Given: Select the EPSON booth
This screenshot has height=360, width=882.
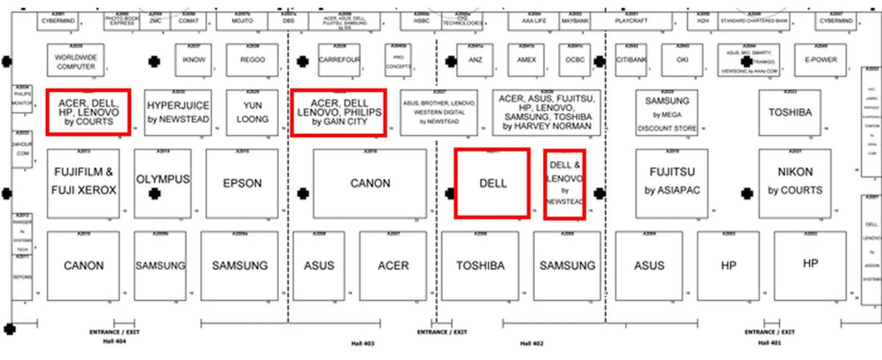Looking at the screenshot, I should coord(242,184).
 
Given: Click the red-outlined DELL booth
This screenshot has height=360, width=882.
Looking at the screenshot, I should coord(492,183).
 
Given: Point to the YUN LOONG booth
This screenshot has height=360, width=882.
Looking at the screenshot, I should coord(252,112).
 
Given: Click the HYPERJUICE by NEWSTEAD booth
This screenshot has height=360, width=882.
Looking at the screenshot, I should coord(178,112).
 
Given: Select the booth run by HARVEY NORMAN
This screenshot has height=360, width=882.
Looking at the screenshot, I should coord(546,112).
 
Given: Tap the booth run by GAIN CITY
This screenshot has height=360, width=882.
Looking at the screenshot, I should coord(339,112).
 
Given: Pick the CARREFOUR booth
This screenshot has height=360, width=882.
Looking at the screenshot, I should coord(339,60).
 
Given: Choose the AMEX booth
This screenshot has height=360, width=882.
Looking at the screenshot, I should coord(526,60).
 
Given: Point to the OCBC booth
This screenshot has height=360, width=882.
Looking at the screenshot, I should coord(575,60).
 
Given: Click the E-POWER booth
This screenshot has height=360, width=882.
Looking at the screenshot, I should coord(820,60).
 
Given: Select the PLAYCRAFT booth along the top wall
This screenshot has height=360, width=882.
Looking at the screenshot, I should coord(631,21).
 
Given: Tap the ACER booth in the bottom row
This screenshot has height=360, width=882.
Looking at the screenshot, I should coord(393,265).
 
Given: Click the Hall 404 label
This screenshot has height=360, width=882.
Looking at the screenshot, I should coord(114,341).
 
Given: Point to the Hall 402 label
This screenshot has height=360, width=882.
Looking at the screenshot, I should coord(531,343).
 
